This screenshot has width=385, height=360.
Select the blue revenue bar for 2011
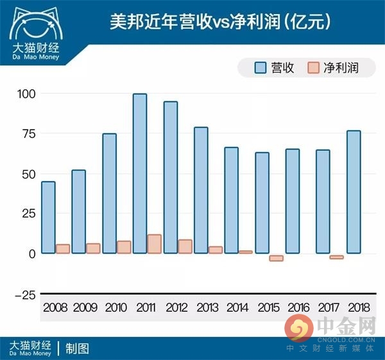click(140, 173)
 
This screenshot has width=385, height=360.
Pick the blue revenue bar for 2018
click(354, 192)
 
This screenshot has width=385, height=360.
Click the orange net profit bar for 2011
click(154, 244)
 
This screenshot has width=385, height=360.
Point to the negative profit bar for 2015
click(276, 258)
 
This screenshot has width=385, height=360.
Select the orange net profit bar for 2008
click(63, 249)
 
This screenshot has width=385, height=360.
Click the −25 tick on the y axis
click(23, 295)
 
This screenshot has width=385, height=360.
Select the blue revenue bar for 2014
click(231, 200)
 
